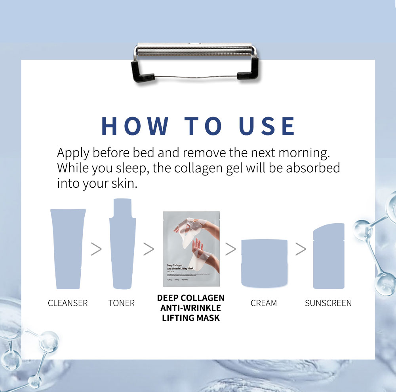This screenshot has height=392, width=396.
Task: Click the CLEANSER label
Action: click(68, 303)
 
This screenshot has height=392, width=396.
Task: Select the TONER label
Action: click(122, 303)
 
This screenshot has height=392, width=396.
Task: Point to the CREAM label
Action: click(264, 303)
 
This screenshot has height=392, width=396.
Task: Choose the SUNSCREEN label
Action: click(328, 303)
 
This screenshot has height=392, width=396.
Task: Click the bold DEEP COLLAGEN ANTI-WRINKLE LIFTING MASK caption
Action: click(191, 307)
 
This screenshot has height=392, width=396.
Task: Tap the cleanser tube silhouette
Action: click(68, 249)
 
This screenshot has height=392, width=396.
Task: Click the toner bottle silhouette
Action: click(122, 245)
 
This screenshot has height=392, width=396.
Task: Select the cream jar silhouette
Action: click(264, 263)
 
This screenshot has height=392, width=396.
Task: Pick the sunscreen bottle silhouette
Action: click(329, 257)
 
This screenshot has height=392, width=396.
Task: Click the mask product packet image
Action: click(191, 249)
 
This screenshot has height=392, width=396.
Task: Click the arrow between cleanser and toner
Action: click(96, 249)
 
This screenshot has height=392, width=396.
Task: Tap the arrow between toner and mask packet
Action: click(148, 249)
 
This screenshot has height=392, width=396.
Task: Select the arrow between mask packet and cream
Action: click(230, 249)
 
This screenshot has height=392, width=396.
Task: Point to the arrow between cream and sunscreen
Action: click(301, 249)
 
